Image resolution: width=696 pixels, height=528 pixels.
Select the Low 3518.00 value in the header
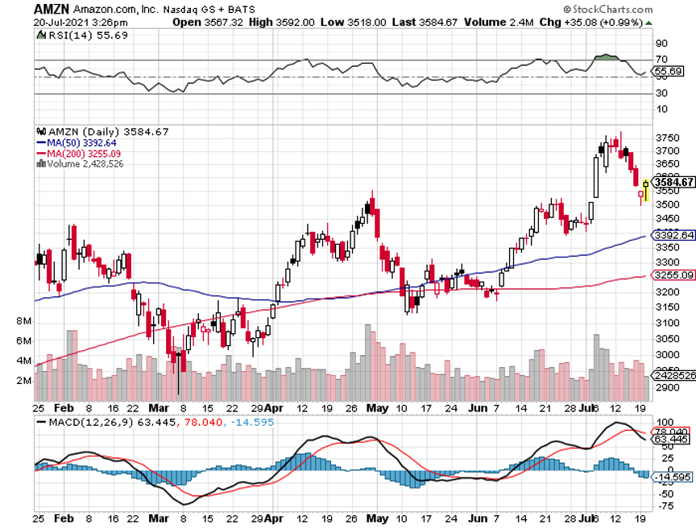(346, 22)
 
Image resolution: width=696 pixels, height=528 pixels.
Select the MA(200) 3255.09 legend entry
(86, 153)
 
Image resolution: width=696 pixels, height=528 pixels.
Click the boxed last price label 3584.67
(673, 182)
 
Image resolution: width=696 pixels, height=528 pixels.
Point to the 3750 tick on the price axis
(665, 136)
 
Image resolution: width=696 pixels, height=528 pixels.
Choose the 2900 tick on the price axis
(665, 388)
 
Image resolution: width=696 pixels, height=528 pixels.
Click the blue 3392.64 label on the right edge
(673, 236)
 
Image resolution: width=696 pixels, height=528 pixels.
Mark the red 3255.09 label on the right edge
(673, 275)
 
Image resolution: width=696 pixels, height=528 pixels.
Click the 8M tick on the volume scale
(23, 321)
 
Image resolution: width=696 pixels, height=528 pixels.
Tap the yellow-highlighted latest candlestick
(645, 190)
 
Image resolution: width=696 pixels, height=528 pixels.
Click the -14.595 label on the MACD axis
(673, 476)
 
